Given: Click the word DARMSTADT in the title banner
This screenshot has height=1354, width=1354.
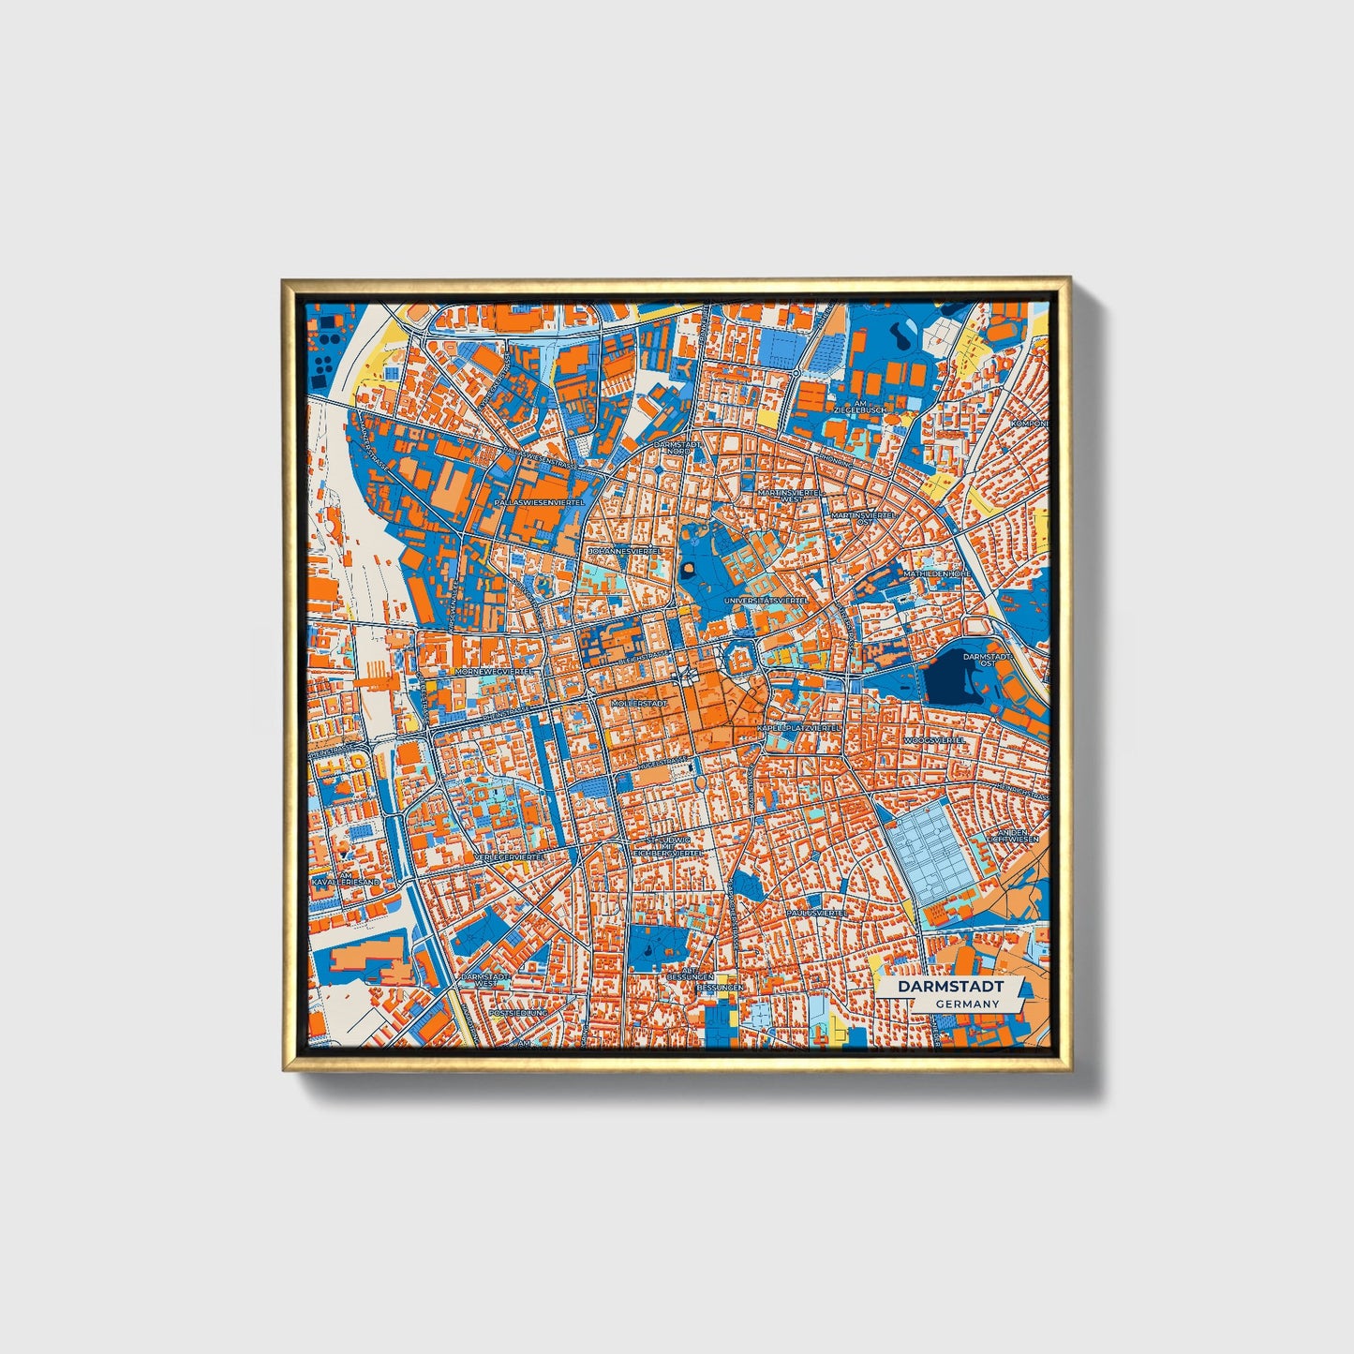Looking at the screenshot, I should [x=950, y=987].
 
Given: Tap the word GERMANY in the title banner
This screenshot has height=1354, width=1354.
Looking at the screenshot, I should [x=967, y=1004].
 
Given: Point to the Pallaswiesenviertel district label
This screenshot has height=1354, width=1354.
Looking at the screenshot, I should [x=539, y=503].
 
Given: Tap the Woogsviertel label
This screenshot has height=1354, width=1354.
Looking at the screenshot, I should [x=934, y=739].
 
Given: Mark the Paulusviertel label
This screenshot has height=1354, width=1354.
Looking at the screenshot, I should [x=817, y=911].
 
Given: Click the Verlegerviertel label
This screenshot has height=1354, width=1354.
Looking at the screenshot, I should [x=511, y=857].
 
